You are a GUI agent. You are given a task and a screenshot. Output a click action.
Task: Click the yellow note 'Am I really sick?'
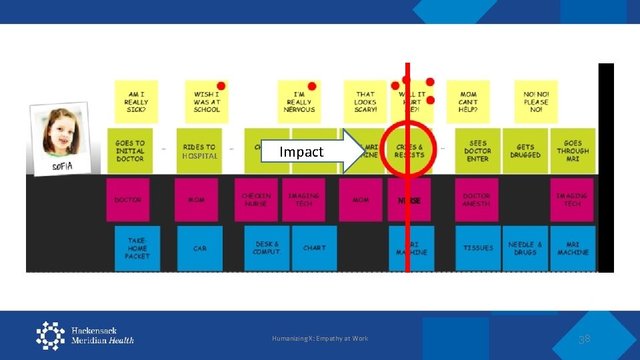point(136,102)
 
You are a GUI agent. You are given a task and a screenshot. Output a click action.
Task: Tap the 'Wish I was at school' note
point(207,102)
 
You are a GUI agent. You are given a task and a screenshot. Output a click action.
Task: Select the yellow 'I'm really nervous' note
point(299,102)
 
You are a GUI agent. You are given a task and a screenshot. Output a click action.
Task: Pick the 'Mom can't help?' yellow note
point(468,102)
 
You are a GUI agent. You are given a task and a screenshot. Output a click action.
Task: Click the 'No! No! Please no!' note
point(536,102)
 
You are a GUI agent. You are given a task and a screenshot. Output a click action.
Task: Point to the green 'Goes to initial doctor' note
point(130,151)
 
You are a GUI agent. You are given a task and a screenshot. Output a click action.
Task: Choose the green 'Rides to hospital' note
point(199,151)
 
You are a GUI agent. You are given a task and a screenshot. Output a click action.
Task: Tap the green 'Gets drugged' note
point(525,151)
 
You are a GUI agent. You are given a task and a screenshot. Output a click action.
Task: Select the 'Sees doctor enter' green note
point(478,151)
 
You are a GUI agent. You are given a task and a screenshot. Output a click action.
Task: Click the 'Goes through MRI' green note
point(573,151)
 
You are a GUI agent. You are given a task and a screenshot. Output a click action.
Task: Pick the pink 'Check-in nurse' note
point(256,200)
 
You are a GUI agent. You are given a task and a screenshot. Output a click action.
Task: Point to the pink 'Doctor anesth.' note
point(477,200)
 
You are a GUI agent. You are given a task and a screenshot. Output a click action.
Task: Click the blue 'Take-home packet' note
point(137,248)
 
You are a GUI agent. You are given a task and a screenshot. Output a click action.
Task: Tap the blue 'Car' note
point(200,248)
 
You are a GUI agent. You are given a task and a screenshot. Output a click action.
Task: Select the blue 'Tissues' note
point(478,248)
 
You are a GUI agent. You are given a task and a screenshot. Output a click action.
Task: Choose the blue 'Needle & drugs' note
point(525,248)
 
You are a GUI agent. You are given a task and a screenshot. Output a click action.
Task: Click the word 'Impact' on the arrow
point(301,152)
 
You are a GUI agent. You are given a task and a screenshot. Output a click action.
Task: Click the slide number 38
point(585,339)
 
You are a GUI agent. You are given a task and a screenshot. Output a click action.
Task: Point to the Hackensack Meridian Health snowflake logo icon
point(51,335)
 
